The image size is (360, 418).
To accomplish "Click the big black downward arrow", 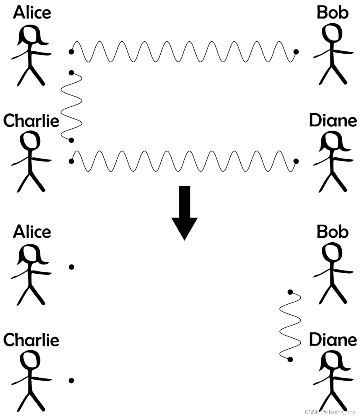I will click(184, 215).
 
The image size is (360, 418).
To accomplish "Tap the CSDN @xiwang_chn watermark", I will click(330, 412).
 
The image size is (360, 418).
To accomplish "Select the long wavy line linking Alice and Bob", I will click(183, 52).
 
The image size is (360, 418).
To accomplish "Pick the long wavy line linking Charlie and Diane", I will click(183, 161).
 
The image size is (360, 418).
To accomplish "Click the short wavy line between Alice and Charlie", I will click(71, 106).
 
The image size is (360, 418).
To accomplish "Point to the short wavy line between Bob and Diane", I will click(290, 326).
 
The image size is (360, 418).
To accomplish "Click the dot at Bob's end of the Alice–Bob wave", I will click(296, 52).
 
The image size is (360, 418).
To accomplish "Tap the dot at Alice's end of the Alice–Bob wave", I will click(71, 52).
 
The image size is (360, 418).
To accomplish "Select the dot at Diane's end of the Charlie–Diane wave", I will click(296, 161).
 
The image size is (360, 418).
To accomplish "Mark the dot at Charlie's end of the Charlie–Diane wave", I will click(71, 161).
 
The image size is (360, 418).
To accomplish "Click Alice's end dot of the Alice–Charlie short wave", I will click(71, 73).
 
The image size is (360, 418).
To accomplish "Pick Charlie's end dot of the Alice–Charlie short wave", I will click(71, 140).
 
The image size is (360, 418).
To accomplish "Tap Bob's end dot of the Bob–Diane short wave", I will click(290, 292).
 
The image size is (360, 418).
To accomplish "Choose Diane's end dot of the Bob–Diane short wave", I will click(290, 359).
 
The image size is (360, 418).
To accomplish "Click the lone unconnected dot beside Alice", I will click(71, 267).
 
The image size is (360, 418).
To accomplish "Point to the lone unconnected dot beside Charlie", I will click(71, 381).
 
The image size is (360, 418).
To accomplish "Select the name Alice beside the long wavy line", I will click(32, 12).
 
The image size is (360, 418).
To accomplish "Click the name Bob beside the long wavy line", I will click(333, 12).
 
